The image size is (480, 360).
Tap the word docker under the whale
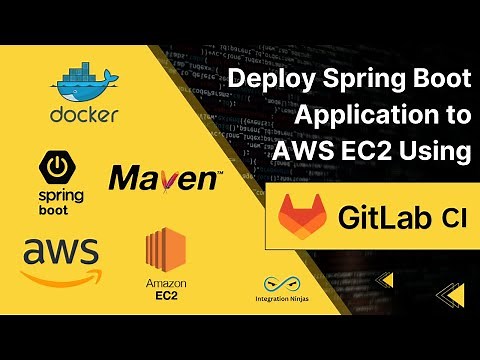click(x=84, y=114)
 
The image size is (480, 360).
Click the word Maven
click(x=166, y=180)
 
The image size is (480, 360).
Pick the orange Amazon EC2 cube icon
click(x=166, y=250)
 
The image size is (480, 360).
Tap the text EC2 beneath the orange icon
click(x=166, y=297)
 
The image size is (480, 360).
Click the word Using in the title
click(x=438, y=152)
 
